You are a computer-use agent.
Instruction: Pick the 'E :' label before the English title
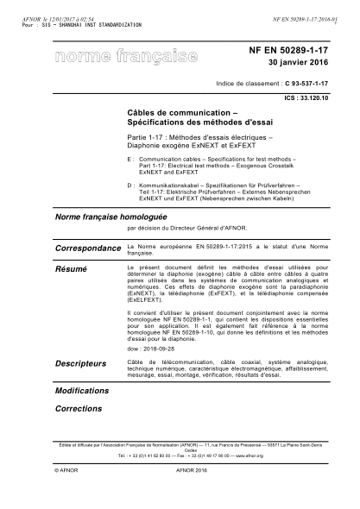(x=129, y=160)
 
